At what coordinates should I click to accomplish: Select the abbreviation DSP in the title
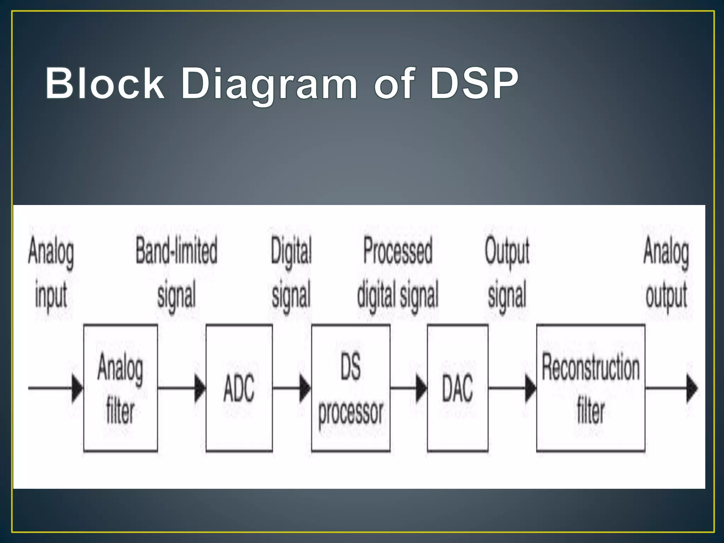(x=474, y=83)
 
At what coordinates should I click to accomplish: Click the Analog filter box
(x=120, y=388)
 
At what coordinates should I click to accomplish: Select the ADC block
(x=239, y=388)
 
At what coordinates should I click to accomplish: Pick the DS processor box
(x=351, y=388)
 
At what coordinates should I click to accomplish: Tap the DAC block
(x=457, y=388)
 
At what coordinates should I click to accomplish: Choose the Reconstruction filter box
(x=590, y=388)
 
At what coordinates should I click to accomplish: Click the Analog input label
(x=51, y=272)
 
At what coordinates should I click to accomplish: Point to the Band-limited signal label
(x=176, y=272)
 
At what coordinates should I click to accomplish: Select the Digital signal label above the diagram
(x=291, y=272)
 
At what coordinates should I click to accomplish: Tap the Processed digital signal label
(x=398, y=272)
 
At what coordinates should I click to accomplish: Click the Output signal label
(x=507, y=272)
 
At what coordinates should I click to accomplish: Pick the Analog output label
(x=666, y=272)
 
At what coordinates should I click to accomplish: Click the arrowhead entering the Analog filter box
(x=77, y=388)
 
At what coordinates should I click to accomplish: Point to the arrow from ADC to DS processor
(x=292, y=388)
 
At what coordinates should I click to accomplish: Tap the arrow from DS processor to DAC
(x=409, y=388)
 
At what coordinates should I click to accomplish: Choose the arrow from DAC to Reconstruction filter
(x=512, y=388)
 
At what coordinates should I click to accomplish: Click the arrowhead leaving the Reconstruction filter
(x=692, y=388)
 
